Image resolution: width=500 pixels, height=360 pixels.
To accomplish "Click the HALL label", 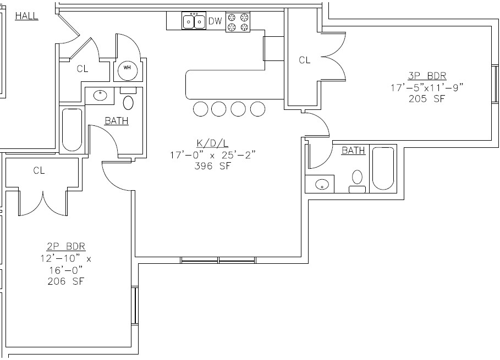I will coord(26,16).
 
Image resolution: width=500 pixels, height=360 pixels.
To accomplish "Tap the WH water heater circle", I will coord(127,68).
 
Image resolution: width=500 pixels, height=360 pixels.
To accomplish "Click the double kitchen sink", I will coord(194,21).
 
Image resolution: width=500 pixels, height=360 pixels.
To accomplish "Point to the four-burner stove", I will coord(238,21).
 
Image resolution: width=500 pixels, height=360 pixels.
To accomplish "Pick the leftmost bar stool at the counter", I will coord(201,109).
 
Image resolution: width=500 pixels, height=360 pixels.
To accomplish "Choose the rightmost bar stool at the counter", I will coord(257,109).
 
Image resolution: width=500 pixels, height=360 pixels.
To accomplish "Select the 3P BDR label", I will coord(419,75).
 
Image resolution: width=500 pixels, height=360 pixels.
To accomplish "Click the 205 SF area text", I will coord(419,99).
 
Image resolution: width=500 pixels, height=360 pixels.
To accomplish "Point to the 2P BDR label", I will coord(66,246).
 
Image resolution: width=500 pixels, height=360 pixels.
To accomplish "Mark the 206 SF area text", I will coord(66,281).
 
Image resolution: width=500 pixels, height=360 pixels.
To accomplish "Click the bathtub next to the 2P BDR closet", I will coord(72,130).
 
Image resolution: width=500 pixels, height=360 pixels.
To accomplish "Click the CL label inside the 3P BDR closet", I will coord(304,60).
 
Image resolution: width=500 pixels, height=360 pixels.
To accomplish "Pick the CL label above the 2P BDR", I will coord(39,170).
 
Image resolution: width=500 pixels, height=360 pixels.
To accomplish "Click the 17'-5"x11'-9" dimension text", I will coord(419,87).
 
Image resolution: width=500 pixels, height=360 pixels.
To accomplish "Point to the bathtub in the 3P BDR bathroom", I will coord(383,168).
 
